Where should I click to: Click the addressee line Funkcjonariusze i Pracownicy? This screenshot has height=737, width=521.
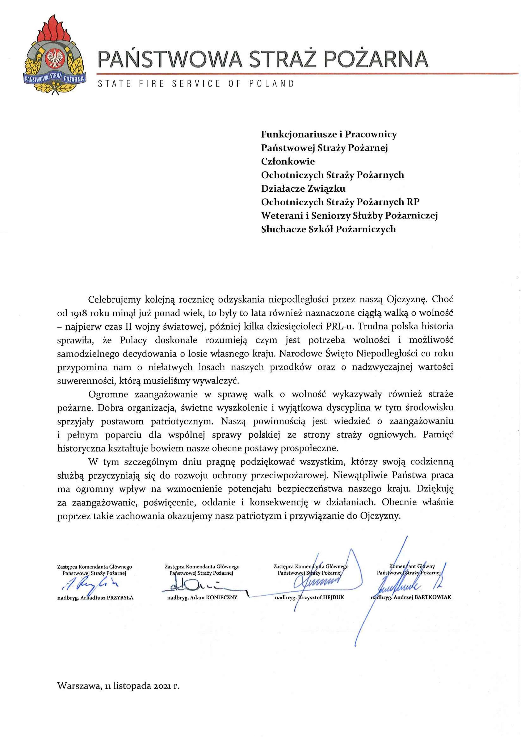[329, 134]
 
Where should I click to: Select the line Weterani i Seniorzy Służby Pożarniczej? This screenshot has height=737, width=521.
[349, 216]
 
